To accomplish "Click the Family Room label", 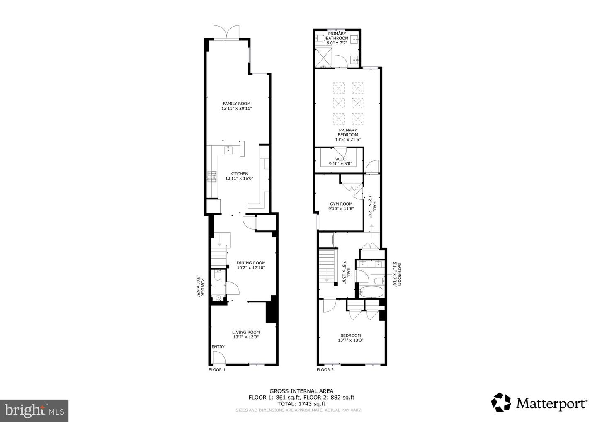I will point(236,104).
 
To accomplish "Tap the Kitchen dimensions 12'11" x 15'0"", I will point(239,179).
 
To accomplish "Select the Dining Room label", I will point(251,263).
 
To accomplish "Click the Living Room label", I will point(246,332).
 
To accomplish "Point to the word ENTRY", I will point(218,347).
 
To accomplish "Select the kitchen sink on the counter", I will point(227,150).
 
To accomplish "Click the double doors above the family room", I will point(227,32).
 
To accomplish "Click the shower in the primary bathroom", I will point(323,58).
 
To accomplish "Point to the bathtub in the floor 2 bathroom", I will point(372,292).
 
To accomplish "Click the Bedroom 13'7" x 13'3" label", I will point(350,338).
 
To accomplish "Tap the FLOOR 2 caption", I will point(325,370).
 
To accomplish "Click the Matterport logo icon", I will point(501,403).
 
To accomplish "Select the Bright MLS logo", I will point(34,410).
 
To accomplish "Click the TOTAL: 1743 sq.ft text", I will point(301,403).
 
